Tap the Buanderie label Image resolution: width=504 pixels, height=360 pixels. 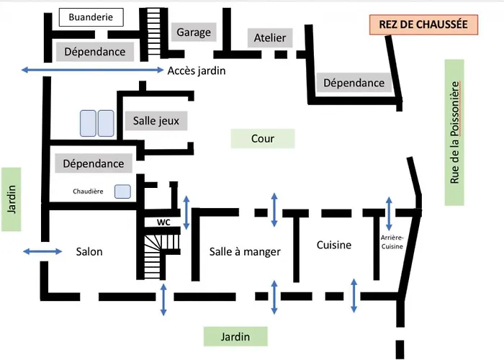click(x=91, y=17)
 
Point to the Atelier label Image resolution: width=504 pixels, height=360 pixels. click(x=269, y=38)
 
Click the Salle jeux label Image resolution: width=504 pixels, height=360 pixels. click(x=156, y=121)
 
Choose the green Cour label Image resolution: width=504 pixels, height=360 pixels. click(x=263, y=138)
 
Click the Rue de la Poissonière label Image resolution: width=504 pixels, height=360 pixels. click(x=454, y=132)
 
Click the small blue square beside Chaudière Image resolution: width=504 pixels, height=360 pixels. click(x=122, y=192)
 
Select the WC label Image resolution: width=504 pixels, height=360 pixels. click(x=163, y=222)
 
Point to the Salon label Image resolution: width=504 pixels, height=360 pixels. click(x=89, y=251)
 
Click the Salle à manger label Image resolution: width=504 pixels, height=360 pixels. click(x=244, y=251)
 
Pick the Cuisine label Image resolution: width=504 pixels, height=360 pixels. click(x=334, y=245)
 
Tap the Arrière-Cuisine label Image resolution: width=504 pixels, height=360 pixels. click(x=392, y=241)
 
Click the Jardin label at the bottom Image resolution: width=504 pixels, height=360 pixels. click(x=235, y=336)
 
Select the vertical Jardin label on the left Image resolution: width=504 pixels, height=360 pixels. click(x=12, y=199)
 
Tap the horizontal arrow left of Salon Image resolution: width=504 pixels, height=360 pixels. click(x=42, y=251)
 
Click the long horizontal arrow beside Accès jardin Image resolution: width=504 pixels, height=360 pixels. click(x=93, y=69)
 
